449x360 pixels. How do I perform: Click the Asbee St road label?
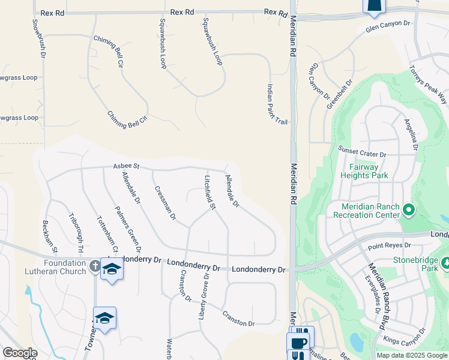(x=126, y=166)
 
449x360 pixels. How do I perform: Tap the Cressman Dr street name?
(x=164, y=203)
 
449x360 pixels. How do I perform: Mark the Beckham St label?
(x=50, y=236)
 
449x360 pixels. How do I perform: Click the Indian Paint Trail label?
(x=277, y=104)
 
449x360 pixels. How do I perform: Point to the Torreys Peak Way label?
(x=429, y=83)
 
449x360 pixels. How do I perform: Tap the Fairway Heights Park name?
(x=364, y=171)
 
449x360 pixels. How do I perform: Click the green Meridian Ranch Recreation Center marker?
(x=409, y=210)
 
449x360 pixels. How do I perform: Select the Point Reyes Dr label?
(x=389, y=245)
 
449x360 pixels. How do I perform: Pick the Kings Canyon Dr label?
(x=405, y=337)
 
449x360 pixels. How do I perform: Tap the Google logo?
(x=19, y=353)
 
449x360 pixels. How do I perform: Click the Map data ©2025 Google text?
(x=411, y=355)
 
